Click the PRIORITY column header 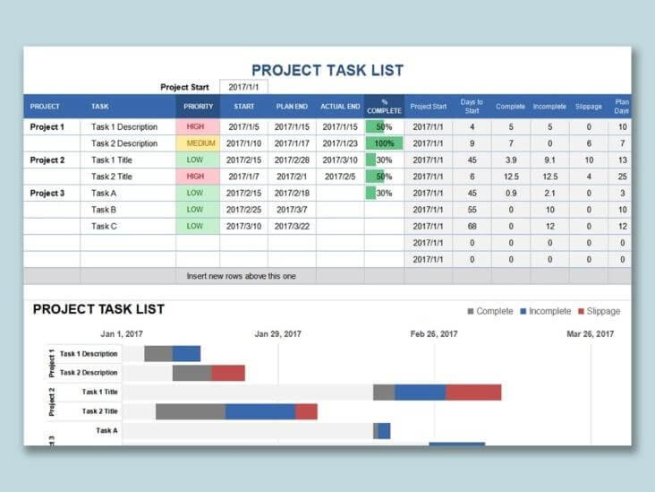pos(199,106)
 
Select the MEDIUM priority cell pos(200,143)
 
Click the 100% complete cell pos(384,143)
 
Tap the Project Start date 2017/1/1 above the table pos(242,87)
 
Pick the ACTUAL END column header pos(340,106)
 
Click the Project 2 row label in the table pos(47,160)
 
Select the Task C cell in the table pos(104,227)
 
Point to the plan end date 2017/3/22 pos(292,227)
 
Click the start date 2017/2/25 pos(243,210)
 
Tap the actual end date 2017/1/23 pos(340,143)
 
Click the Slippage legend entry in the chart pos(599,312)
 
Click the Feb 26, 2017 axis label pos(434,333)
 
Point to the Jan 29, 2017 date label pos(277,333)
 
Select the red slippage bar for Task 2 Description pos(228,373)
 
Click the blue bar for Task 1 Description pos(186,354)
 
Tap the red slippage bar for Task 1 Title pos(473,393)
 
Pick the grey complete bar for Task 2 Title pos(190,411)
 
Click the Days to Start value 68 pos(472,227)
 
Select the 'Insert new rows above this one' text pos(241,276)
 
